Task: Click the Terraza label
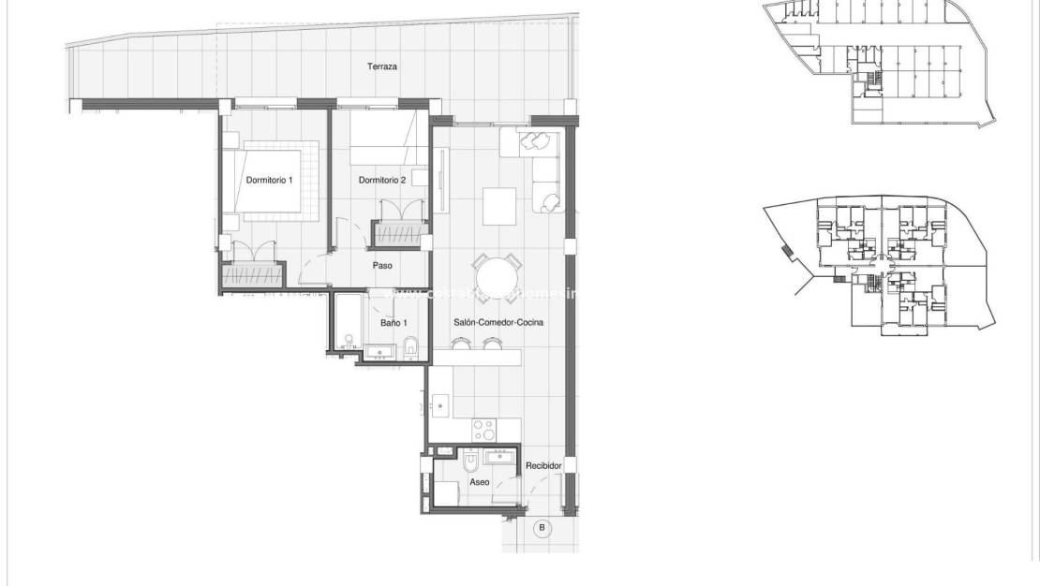click(x=382, y=67)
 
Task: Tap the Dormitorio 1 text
click(x=269, y=181)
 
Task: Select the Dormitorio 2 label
click(x=382, y=181)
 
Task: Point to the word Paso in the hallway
click(x=382, y=265)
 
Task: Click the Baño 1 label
click(x=394, y=323)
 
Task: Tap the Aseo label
click(x=480, y=482)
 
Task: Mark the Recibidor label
click(x=543, y=465)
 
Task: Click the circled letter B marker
click(x=541, y=529)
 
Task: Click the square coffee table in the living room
click(x=499, y=207)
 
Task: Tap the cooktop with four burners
click(x=484, y=431)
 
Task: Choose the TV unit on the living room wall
click(x=440, y=178)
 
